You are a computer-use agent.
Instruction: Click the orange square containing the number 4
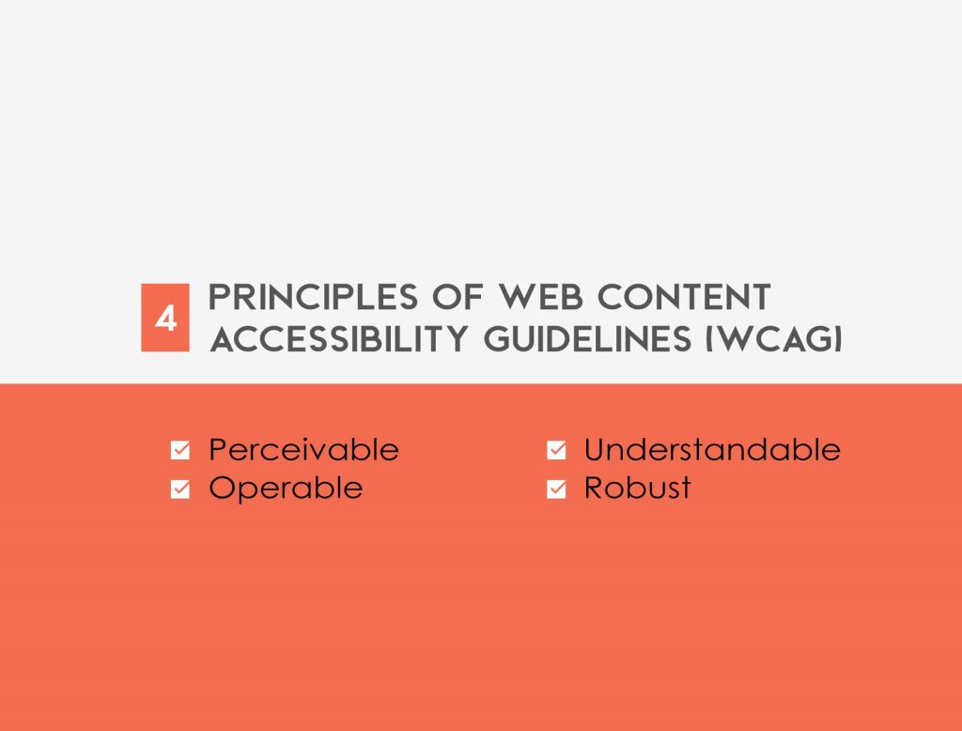point(165,318)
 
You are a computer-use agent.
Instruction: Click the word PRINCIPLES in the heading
point(314,297)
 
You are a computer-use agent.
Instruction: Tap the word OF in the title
point(458,297)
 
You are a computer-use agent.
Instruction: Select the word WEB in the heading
point(540,297)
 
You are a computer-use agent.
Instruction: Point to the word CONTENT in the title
point(684,297)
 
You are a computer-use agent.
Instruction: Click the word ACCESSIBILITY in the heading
point(339,339)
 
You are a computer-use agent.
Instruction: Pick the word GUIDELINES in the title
point(588,339)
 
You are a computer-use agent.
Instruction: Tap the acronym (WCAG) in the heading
point(774,339)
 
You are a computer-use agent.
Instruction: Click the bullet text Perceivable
point(303,449)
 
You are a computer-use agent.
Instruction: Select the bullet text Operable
point(286,489)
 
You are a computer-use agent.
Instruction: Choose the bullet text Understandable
point(712,449)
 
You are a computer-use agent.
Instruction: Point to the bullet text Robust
point(638,488)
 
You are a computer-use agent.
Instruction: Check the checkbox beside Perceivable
point(180,450)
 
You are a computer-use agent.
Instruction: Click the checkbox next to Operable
point(180,490)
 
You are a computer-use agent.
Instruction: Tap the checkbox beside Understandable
point(556,450)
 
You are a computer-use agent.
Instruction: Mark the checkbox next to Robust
point(556,490)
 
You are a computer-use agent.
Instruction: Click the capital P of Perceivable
point(218,449)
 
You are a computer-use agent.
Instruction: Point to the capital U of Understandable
point(595,449)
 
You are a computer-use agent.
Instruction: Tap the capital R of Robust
point(594,488)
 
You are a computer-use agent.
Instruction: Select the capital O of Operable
point(223,488)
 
